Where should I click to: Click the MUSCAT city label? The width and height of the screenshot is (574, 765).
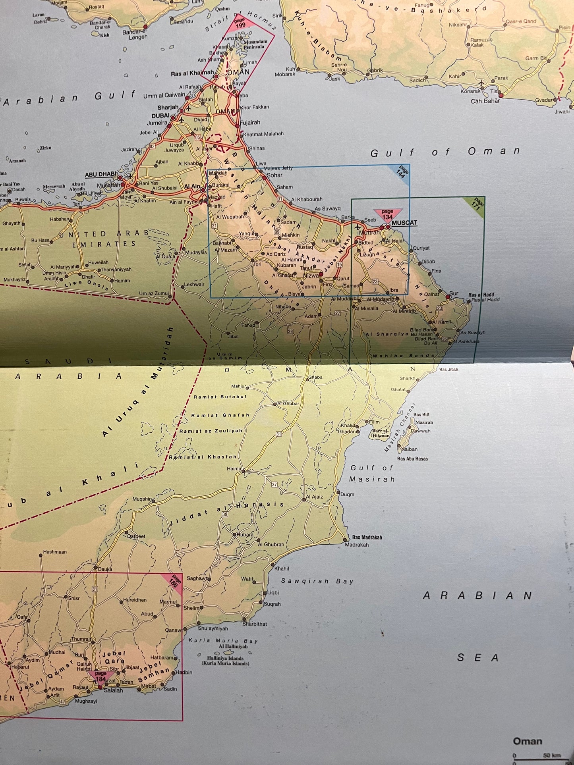tap(404, 223)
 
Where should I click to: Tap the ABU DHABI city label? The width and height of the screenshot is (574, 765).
tap(101, 174)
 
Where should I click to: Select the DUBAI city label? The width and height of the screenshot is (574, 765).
tap(160, 116)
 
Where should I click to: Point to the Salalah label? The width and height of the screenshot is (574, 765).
tap(113, 690)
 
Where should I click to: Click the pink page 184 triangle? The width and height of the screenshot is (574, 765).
tap(101, 676)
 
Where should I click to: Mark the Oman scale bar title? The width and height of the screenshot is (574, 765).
tap(527, 741)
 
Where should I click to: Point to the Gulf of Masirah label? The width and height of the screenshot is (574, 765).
tap(372, 474)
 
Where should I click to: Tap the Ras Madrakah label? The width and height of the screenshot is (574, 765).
tap(367, 537)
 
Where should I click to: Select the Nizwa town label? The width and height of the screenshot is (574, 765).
tap(311, 276)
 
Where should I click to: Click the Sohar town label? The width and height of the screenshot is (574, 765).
tap(274, 175)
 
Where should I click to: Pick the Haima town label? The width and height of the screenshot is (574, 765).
tap(234, 468)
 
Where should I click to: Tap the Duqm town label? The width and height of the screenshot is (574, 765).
tap(347, 494)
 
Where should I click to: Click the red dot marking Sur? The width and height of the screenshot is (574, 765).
tap(448, 297)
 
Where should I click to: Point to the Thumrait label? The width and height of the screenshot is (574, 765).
tap(81, 639)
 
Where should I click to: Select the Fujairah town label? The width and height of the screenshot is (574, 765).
tap(250, 123)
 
